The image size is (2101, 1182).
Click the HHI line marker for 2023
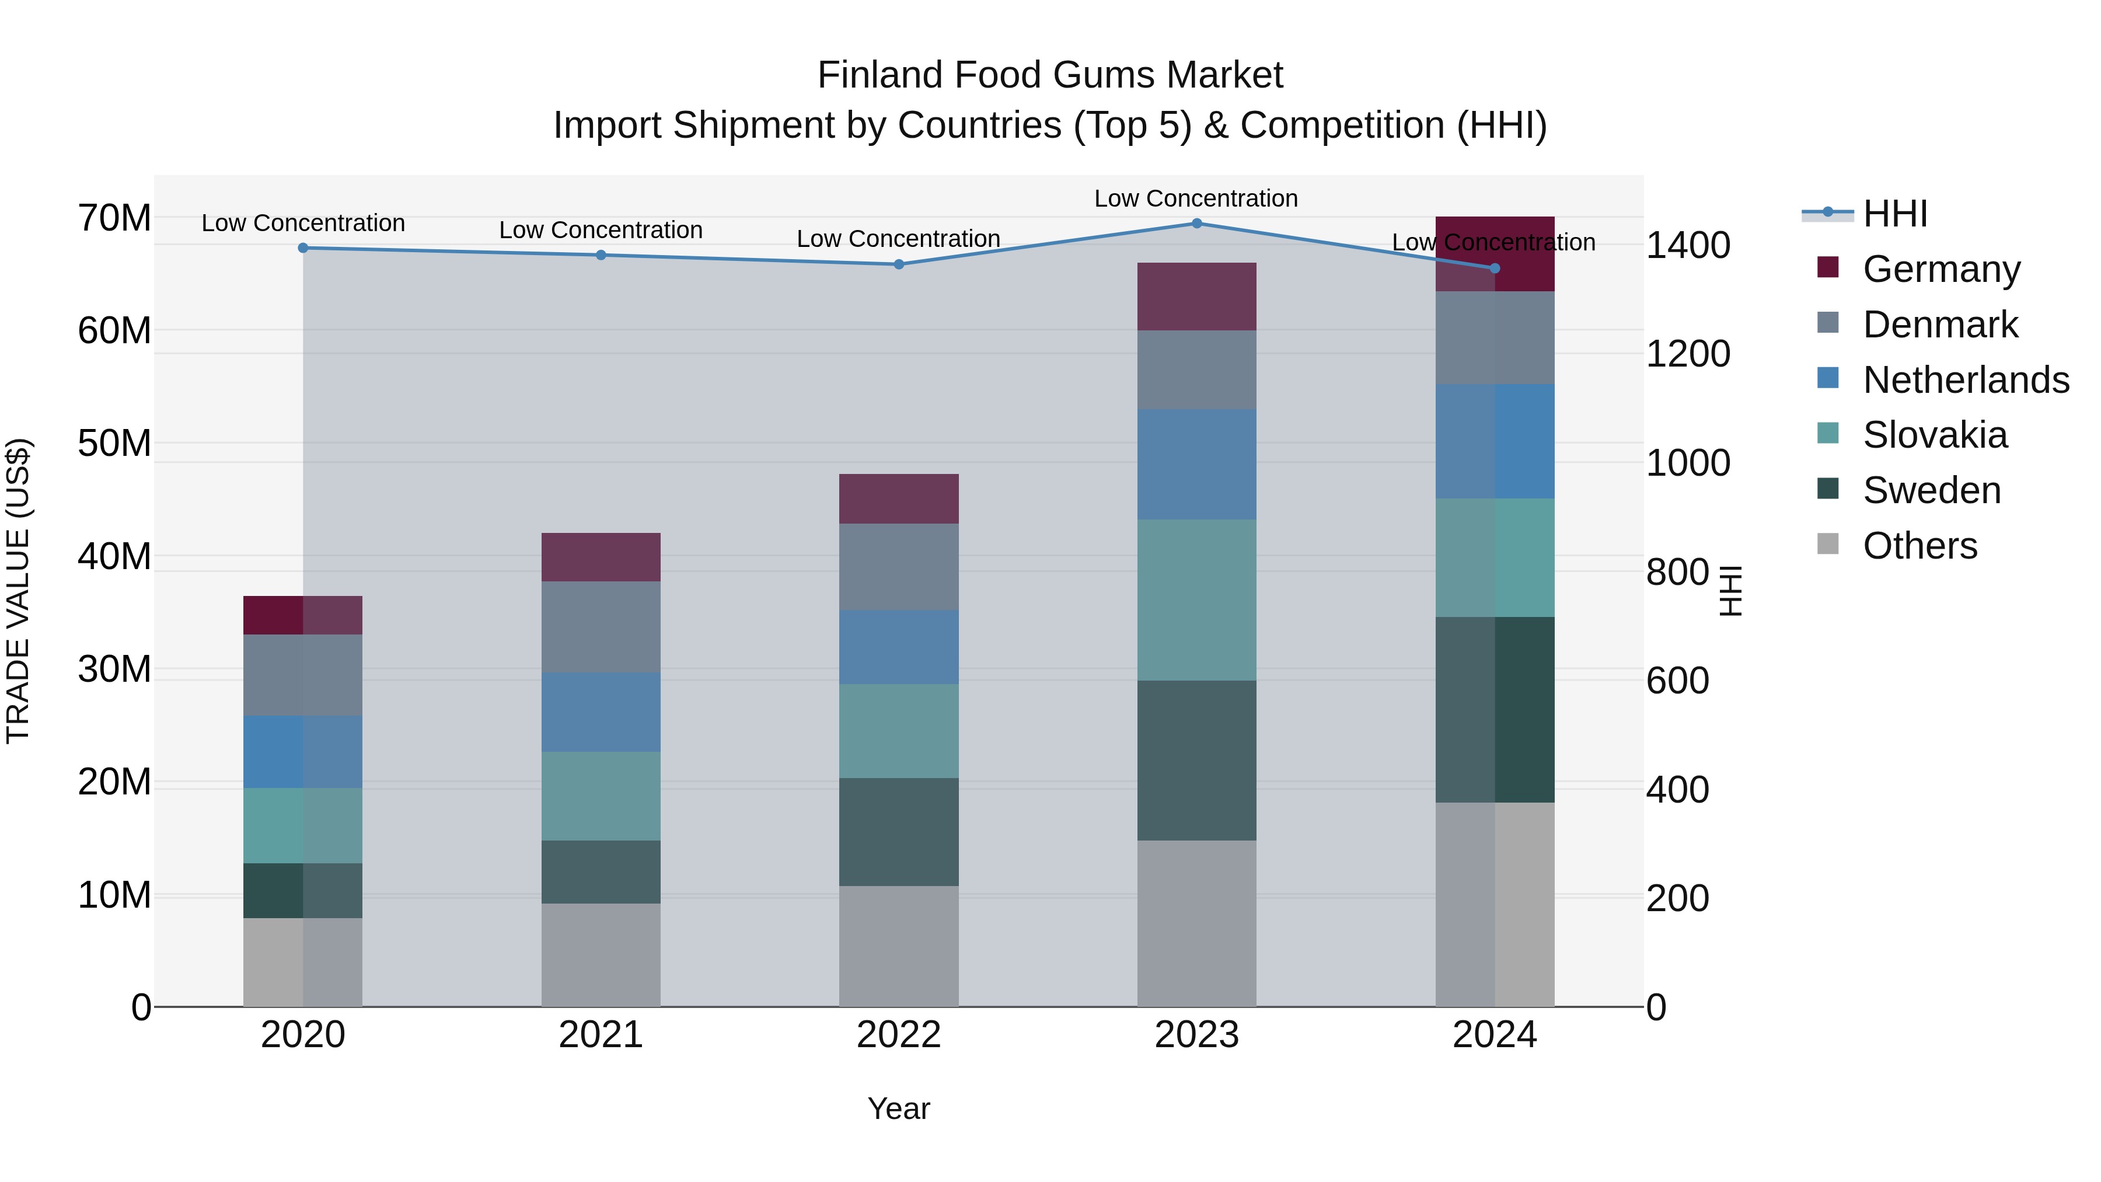tap(1196, 224)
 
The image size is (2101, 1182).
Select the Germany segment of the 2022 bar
tap(899, 498)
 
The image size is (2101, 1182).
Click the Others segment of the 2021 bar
tap(601, 954)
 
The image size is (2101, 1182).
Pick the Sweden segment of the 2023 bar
tap(1196, 760)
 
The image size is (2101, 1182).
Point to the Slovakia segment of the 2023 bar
tap(1196, 601)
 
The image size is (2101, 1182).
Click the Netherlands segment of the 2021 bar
tap(601, 712)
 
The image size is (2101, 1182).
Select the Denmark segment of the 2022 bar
tap(899, 567)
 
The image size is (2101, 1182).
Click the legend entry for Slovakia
tap(1934, 435)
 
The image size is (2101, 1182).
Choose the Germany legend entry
tap(1941, 269)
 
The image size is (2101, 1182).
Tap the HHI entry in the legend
tap(1894, 214)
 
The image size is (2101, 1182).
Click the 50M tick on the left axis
tap(114, 444)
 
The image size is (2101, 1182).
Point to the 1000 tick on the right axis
tap(1687, 463)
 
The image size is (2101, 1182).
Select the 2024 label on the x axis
tap(1494, 1035)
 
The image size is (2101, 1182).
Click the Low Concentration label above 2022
tap(898, 239)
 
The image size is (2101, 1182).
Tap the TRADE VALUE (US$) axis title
tap(18, 591)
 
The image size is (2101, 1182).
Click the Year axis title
tap(898, 1108)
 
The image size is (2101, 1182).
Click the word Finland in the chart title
tap(880, 75)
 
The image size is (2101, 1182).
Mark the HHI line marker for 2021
tap(601, 255)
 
